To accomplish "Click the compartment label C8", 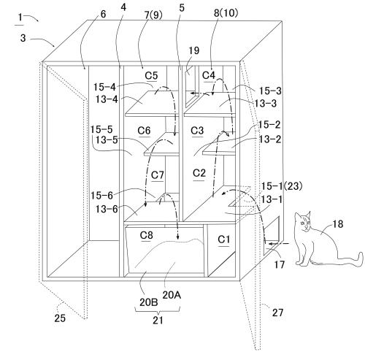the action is [x=147, y=235].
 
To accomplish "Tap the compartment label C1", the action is [x=223, y=240].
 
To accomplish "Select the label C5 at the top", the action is [x=151, y=76].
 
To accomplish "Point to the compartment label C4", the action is [x=209, y=75].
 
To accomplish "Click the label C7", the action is [x=158, y=175].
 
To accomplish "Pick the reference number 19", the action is [x=194, y=50].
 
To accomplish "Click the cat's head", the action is [x=303, y=221].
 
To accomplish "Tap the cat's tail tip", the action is [x=361, y=258].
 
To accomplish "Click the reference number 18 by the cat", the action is [x=337, y=224].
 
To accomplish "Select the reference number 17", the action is [x=280, y=264].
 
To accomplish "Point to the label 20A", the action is [x=172, y=295].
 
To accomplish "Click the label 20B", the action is [x=149, y=302].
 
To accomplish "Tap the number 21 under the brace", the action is [x=158, y=320].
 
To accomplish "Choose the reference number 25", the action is [x=60, y=318].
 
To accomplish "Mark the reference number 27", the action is [x=277, y=313].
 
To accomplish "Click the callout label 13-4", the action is [x=107, y=99].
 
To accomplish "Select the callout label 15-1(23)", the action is [x=282, y=186].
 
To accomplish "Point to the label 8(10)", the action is [x=226, y=13].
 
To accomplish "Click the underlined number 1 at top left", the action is [x=20, y=18].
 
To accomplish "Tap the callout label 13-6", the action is [x=107, y=209].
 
